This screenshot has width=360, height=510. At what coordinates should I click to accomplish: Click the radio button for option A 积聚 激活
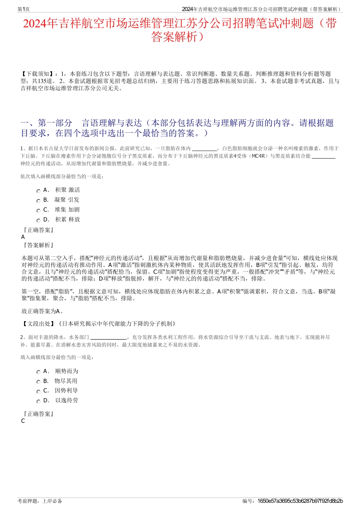(x=38, y=191)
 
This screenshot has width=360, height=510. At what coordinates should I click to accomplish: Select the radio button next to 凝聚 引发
(x=38, y=201)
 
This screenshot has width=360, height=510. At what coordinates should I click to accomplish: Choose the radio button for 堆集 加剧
(x=38, y=211)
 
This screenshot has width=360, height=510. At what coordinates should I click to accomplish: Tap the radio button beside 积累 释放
(x=38, y=221)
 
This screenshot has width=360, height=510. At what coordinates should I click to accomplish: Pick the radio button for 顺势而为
(x=38, y=372)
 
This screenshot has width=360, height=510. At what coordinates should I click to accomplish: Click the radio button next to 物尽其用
(x=38, y=382)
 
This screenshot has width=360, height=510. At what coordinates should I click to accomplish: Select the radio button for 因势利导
(x=38, y=392)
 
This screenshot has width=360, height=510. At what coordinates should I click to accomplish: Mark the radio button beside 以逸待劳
(x=38, y=402)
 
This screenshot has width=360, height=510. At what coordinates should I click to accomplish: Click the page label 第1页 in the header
(x=23, y=9)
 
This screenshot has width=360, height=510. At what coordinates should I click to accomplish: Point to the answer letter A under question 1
(x=23, y=237)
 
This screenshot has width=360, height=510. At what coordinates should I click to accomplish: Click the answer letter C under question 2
(x=23, y=421)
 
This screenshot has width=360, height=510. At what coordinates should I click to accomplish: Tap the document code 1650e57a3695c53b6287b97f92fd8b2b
(x=300, y=501)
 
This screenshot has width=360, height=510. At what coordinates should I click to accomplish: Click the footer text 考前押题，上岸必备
(x=40, y=501)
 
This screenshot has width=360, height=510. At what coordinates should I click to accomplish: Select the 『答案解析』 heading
(x=38, y=245)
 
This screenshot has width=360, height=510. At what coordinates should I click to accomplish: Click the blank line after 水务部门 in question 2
(x=109, y=337)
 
